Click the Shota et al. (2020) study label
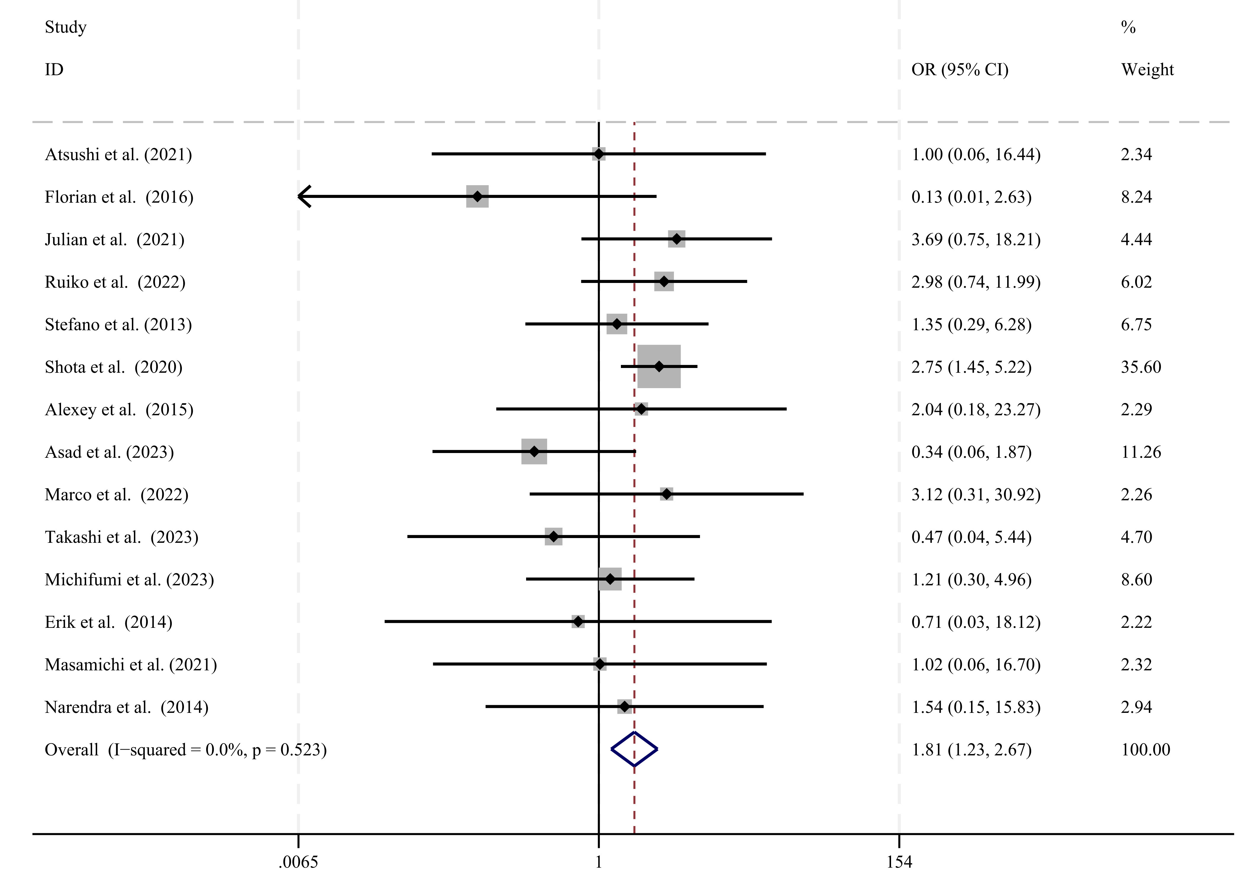[113, 367]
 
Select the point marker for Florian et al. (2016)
[477, 196]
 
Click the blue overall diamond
[634, 749]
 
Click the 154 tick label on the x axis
[899, 862]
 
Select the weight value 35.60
[1141, 367]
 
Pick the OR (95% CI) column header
[960, 70]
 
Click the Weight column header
[1147, 70]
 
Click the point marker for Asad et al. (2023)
[534, 451]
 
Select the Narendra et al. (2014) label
[126, 707]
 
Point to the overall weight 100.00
[1145, 749]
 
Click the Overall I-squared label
[185, 749]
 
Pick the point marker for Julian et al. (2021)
[677, 239]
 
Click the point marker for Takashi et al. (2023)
[553, 536]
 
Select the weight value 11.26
[1141, 452]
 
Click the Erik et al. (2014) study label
[108, 622]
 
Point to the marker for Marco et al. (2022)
[666, 494]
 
